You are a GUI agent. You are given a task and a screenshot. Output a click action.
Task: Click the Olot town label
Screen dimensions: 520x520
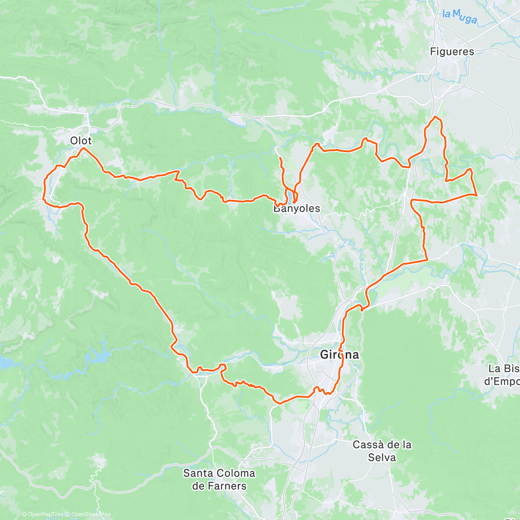tap(81, 140)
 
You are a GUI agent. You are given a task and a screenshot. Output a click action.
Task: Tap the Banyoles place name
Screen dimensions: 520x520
tap(296, 208)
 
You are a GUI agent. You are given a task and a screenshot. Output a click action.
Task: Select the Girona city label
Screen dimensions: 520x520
tap(339, 355)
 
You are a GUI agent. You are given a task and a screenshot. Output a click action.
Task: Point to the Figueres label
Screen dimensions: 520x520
tap(452, 52)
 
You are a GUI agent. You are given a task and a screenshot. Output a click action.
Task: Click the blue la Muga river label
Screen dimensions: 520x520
tap(460, 17)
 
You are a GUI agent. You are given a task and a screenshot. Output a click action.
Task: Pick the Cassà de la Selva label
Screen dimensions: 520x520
tap(382, 451)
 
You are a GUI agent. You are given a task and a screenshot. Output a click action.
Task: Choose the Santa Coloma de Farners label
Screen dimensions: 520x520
tap(219, 479)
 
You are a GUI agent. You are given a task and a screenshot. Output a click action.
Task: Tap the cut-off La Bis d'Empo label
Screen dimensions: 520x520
tap(503, 375)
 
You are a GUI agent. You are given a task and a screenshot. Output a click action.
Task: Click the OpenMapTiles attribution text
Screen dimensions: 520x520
tap(42, 514)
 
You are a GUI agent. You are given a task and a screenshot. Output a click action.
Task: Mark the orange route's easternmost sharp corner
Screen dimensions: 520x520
tap(477, 195)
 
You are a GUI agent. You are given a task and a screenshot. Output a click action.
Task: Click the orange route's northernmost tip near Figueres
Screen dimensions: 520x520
tap(435, 117)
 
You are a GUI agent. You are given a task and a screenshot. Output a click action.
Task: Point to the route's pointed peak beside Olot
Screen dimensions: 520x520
tap(83, 148)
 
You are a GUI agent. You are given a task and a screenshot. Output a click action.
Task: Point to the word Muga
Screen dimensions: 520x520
tap(466, 18)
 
